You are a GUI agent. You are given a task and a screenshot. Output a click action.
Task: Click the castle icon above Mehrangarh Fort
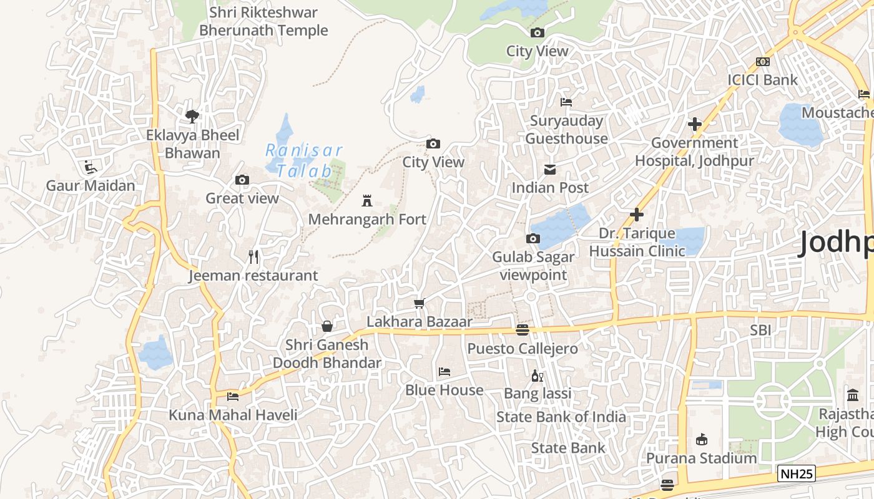367,201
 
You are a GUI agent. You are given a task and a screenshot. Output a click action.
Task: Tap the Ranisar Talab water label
304,160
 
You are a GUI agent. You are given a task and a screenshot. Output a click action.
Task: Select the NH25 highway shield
797,474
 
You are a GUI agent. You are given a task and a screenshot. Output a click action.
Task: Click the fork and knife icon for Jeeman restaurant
253,257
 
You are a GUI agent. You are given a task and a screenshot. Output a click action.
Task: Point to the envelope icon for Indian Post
550,170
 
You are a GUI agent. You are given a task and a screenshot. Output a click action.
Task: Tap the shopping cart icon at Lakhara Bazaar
420,304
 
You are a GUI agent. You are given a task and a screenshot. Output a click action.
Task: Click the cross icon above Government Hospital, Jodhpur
694,124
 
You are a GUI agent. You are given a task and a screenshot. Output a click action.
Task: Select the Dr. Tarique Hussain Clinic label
637,242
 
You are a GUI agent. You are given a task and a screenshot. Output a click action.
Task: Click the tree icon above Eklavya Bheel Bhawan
192,116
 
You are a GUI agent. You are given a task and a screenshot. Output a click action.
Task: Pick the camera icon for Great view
242,180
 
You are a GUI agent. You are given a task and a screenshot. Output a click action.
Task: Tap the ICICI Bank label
762,80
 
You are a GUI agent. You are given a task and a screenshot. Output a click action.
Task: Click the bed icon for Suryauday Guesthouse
566,102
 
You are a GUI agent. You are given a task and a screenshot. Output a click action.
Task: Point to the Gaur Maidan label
91,186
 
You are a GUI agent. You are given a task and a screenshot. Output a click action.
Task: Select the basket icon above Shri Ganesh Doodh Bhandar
327,326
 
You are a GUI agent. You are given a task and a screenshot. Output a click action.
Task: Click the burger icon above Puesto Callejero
523,330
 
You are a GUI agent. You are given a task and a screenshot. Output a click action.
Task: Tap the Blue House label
444,390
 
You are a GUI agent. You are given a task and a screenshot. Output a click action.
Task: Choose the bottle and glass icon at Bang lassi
537,375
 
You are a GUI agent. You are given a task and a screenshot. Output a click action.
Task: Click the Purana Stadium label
701,458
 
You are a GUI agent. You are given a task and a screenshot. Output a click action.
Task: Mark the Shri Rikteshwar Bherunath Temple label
263,21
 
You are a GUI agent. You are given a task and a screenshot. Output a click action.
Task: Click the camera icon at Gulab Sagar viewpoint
533,239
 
